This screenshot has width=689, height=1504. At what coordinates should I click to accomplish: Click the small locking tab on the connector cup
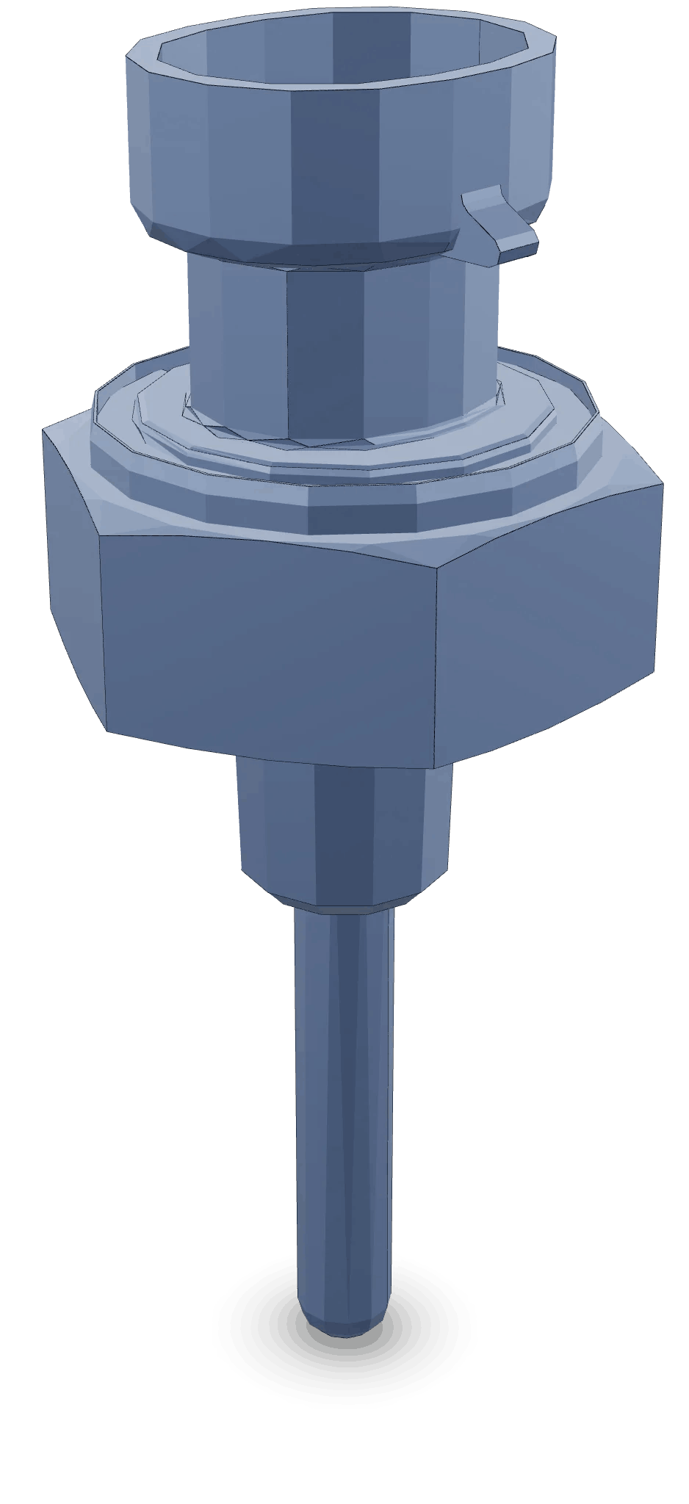499,224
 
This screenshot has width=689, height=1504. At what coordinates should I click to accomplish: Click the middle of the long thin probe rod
344,1102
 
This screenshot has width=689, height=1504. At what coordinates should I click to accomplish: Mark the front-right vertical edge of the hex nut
438,668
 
